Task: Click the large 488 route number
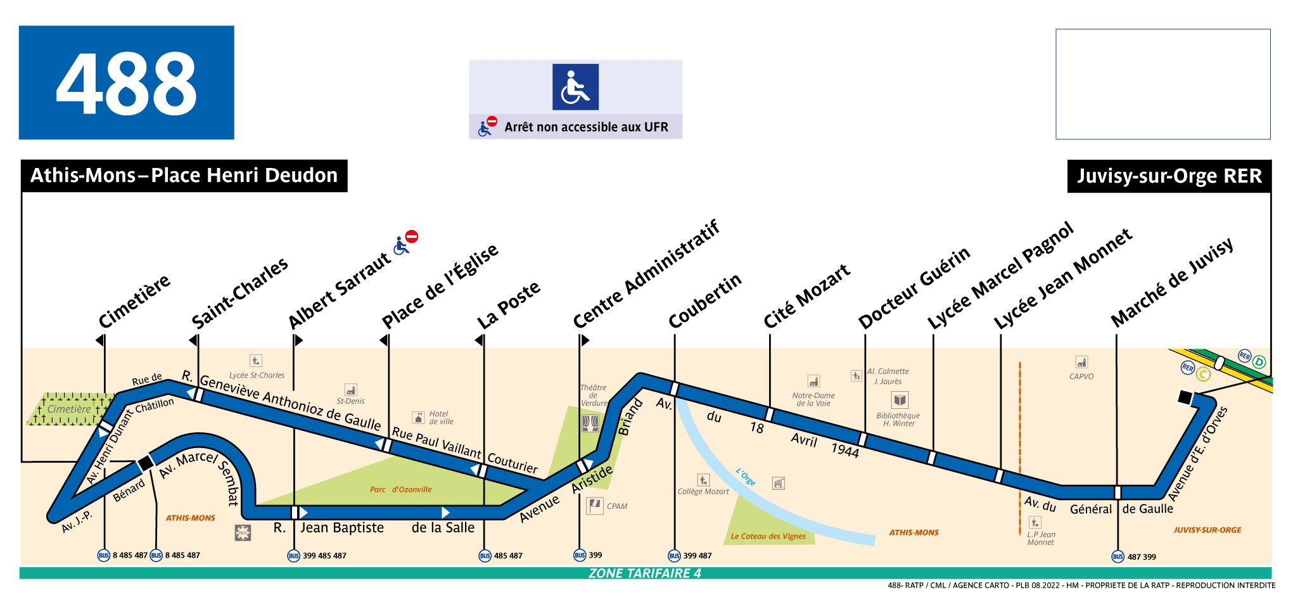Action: (x=127, y=83)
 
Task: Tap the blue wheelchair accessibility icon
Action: (x=575, y=87)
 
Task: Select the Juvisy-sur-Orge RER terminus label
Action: (x=1169, y=176)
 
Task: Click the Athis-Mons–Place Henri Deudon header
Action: (x=184, y=176)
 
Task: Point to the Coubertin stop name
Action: (x=705, y=300)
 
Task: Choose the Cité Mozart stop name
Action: (x=806, y=296)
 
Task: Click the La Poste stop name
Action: (x=509, y=304)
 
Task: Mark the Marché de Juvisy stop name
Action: (x=1172, y=282)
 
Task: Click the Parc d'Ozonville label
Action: (x=400, y=489)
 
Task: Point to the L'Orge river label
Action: (x=746, y=477)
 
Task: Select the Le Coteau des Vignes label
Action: (x=768, y=536)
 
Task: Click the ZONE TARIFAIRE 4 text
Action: (x=644, y=573)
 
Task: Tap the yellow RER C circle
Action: (x=1203, y=374)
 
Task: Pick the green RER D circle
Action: (x=1259, y=362)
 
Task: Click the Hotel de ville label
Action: (x=441, y=417)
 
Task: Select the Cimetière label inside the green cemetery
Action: (x=69, y=409)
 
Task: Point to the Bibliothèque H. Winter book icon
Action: (x=900, y=400)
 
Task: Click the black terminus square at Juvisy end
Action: (x=1184, y=397)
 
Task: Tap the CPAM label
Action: (x=616, y=506)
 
